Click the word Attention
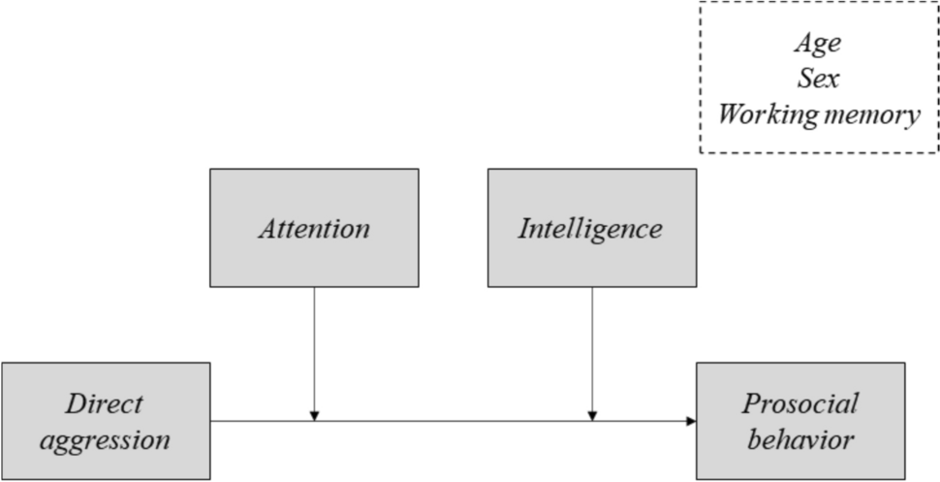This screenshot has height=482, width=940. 314,229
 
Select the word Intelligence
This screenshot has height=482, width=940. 591,229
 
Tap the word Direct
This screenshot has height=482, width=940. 107,403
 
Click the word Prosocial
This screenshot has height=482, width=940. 800,403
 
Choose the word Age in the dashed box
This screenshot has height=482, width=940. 818,43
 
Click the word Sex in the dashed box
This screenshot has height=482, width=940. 818,79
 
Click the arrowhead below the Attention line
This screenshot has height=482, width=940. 314,416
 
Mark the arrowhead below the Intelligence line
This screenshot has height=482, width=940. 592,416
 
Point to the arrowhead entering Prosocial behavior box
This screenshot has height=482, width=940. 691,421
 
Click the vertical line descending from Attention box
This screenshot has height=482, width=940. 314,349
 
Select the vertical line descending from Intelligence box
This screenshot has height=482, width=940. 592,349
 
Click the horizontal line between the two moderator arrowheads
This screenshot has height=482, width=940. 454,421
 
